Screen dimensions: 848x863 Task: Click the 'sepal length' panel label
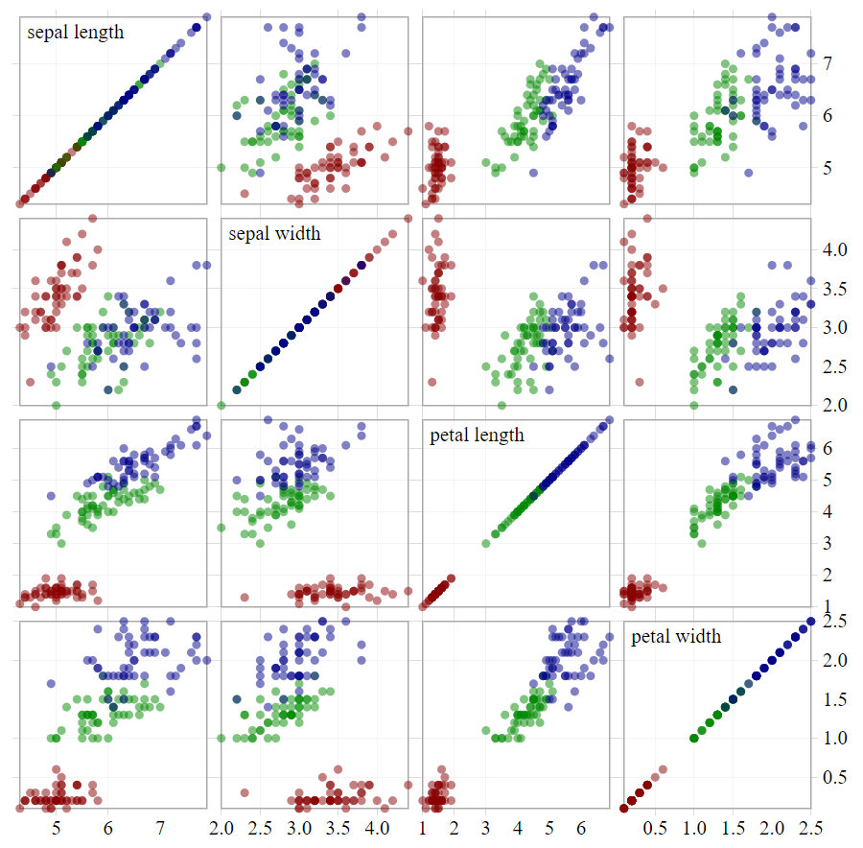pos(76,33)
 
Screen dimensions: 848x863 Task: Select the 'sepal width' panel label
pos(274,234)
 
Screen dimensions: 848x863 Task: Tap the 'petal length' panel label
pos(478,436)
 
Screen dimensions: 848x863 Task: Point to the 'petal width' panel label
pos(676,637)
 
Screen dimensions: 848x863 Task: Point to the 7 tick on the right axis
pos(827,63)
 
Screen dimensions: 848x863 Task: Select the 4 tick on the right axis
pos(827,511)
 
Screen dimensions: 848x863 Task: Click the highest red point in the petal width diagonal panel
pos(663,769)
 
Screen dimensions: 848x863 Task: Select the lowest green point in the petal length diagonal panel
pos(485,544)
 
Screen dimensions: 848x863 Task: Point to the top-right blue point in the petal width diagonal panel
pos(811,622)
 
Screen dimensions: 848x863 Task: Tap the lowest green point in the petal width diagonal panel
pos(694,738)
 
